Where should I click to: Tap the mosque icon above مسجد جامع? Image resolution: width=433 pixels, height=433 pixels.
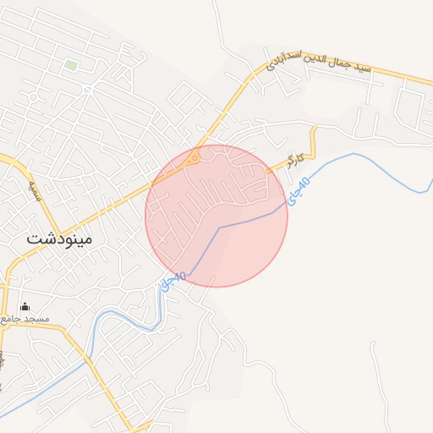tap(25, 306)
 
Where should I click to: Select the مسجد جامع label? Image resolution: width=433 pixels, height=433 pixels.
tap(25, 319)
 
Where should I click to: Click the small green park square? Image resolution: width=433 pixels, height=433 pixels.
tap(71, 65)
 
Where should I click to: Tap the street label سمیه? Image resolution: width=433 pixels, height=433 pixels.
tap(34, 178)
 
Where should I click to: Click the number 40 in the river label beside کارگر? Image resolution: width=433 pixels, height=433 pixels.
tap(305, 182)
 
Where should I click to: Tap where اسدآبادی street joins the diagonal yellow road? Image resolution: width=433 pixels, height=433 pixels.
tap(255, 74)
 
